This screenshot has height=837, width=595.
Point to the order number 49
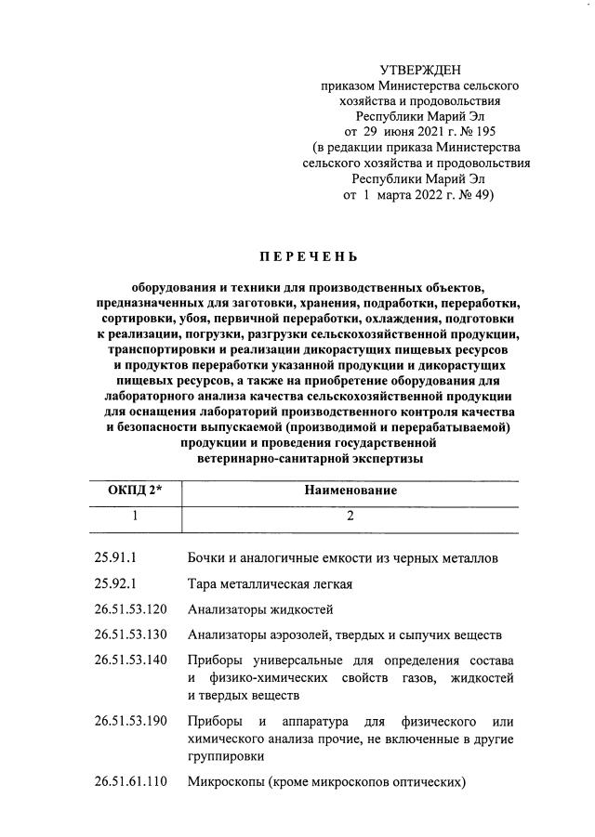pyautogui.click(x=478, y=196)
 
